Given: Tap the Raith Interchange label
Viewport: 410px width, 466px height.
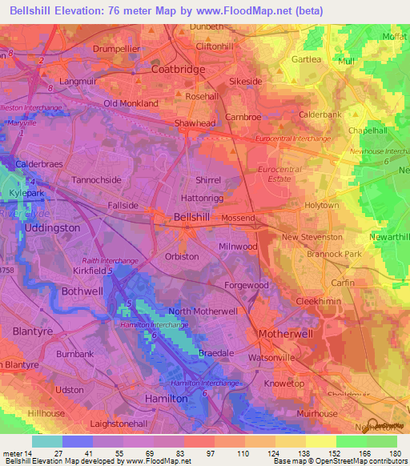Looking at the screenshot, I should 111,261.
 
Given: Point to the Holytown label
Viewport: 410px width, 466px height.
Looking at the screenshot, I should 323,206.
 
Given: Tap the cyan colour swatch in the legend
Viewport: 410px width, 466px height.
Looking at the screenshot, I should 46,441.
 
